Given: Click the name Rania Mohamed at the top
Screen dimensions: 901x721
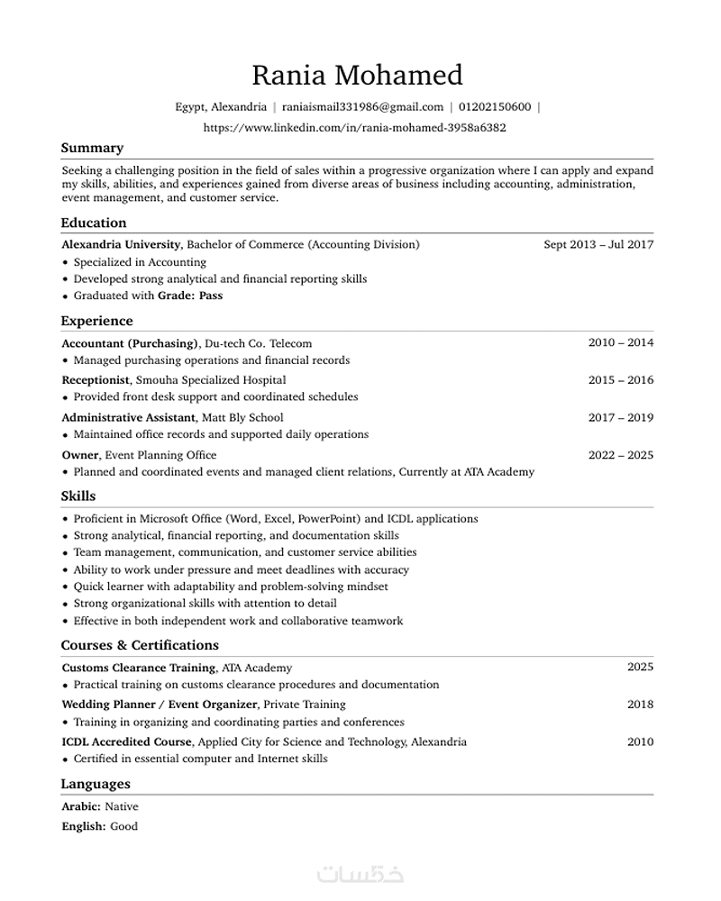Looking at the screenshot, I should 357,75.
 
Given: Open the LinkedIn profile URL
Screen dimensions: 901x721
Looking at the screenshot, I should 355,128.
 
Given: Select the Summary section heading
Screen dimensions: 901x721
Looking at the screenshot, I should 92,148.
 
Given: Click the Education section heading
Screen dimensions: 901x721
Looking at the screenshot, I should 94,223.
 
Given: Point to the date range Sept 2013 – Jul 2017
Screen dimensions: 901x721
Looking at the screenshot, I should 598,244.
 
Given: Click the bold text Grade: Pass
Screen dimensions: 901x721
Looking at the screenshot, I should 190,296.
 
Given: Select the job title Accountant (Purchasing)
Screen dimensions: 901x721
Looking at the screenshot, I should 130,343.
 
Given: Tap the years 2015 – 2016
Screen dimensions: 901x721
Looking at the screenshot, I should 621,380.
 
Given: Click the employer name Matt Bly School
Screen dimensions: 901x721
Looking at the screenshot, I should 242,418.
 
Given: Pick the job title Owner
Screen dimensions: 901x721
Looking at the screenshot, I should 80,455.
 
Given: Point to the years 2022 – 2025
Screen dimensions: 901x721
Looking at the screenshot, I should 621,455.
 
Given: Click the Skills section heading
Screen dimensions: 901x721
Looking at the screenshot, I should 78,496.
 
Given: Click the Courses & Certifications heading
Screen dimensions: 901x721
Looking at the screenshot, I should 140,645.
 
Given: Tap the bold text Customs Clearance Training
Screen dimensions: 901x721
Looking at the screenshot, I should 139,668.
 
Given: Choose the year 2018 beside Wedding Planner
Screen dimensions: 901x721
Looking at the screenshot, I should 641,705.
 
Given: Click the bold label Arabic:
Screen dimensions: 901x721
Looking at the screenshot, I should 81,807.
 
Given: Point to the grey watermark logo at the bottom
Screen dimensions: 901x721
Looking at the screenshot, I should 360,874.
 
